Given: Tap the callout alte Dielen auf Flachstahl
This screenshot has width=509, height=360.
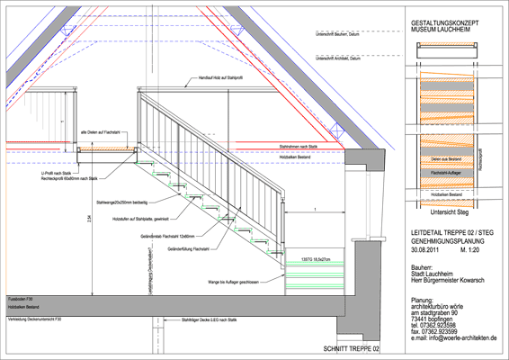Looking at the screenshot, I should tap(98, 133).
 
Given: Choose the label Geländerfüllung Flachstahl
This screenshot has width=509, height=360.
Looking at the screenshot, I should tap(188, 248).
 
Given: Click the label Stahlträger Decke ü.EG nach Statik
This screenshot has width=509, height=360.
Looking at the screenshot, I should tap(209, 320).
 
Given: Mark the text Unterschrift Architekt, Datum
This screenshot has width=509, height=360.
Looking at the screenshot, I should tap(338, 59).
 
